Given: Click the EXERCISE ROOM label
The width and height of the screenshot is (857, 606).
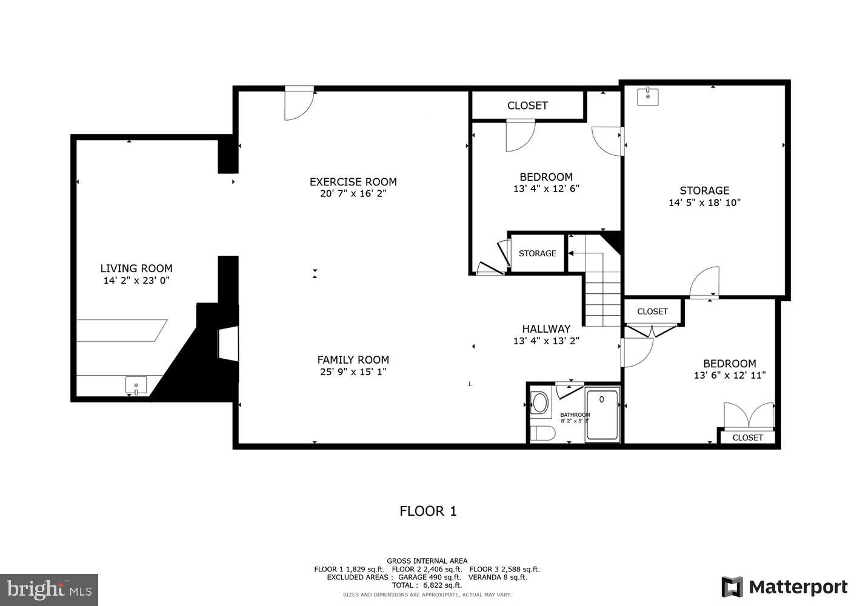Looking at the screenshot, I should [353, 182].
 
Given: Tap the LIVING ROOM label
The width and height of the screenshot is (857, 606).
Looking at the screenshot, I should [136, 268].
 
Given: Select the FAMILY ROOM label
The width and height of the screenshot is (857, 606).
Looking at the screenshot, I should [353, 360].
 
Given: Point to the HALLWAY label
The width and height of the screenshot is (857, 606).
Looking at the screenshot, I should [546, 329].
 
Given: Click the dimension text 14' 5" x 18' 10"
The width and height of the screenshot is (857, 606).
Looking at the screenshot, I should [704, 203].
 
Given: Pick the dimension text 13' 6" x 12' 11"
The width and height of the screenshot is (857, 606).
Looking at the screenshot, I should [730, 376].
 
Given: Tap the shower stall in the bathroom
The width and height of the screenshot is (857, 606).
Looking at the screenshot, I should [602, 415].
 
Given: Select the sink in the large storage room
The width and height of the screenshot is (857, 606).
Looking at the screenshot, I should [648, 96].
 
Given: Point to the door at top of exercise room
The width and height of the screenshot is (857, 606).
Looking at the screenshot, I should [299, 104].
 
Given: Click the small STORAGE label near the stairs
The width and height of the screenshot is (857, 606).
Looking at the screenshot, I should [537, 253].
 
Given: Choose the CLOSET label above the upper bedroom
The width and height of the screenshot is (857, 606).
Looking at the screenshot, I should [527, 105].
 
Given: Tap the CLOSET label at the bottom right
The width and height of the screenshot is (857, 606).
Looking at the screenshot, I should [747, 438].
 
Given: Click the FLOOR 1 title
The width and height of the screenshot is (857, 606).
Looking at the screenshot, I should [428, 511].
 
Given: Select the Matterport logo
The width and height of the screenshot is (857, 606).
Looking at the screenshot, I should [784, 587].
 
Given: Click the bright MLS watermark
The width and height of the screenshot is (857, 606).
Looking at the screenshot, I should [49, 590].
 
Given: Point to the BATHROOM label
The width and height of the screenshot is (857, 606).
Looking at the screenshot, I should [575, 415].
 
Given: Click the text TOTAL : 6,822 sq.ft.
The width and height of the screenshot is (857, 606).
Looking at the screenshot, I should [427, 585].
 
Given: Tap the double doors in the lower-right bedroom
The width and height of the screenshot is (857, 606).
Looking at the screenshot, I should [749, 416].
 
